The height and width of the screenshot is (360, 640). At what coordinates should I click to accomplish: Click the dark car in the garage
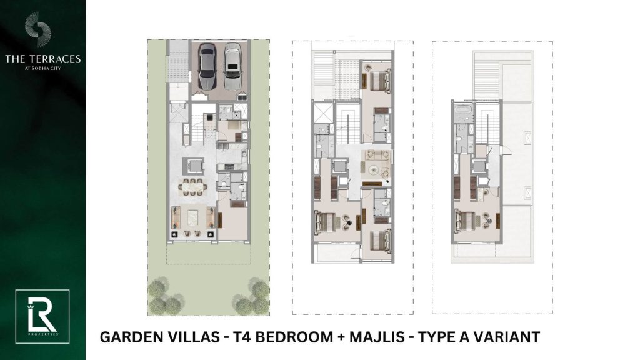[x=207, y=66]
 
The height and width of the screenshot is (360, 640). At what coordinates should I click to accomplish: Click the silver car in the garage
[x=232, y=66]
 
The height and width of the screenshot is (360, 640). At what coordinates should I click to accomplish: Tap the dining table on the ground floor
[x=192, y=187]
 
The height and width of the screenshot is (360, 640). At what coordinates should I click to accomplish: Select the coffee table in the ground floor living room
[x=192, y=217]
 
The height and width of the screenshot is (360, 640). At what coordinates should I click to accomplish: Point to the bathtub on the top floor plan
[x=463, y=109]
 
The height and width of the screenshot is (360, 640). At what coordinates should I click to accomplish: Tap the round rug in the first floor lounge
[x=374, y=169]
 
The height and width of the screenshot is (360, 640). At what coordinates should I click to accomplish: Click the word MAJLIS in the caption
[x=377, y=337]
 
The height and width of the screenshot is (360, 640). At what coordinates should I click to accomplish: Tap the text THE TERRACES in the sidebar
[x=43, y=59]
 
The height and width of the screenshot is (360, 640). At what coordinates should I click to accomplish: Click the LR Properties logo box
[x=42, y=316]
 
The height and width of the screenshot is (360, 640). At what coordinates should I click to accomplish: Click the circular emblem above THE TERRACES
[x=38, y=29]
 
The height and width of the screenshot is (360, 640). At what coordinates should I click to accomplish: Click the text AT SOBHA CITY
[x=43, y=68]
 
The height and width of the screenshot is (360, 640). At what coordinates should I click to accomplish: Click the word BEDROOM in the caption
[x=294, y=337]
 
